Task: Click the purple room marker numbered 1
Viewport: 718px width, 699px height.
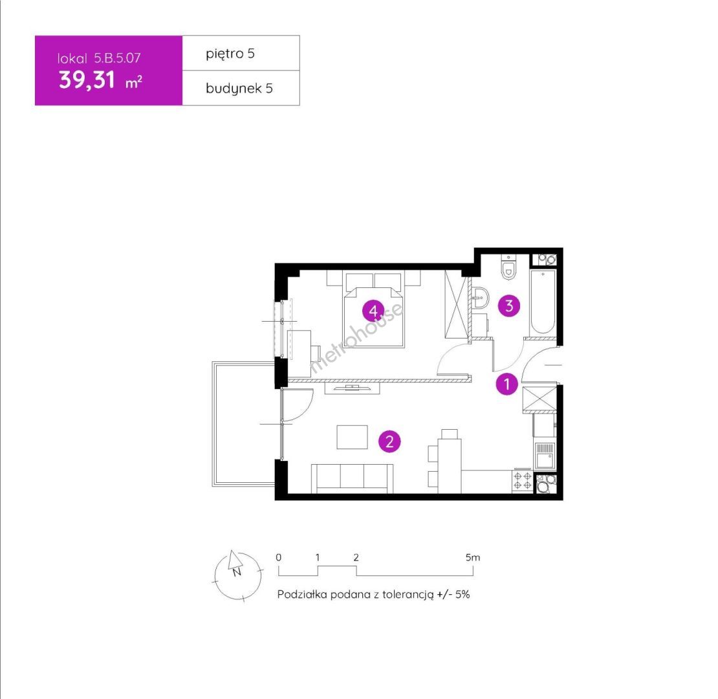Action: click(x=507, y=384)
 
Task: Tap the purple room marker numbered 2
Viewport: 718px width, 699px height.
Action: click(x=389, y=441)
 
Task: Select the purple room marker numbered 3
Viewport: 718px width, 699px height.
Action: click(x=508, y=305)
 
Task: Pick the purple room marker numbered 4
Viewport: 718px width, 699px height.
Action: click(x=373, y=311)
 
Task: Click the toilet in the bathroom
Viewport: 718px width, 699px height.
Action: click(x=508, y=267)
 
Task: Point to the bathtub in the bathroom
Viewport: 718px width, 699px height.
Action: click(x=543, y=302)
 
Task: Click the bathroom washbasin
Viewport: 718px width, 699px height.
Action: click(x=479, y=298)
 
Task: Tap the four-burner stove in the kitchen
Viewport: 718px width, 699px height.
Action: click(x=523, y=480)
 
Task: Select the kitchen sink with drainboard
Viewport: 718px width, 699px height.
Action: click(x=545, y=456)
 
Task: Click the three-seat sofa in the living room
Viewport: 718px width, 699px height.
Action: click(x=352, y=478)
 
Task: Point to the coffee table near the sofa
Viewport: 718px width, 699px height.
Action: click(x=352, y=437)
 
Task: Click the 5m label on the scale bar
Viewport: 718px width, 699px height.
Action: click(x=473, y=557)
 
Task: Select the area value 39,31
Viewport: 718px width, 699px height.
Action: click(x=87, y=80)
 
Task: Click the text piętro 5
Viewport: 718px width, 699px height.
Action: click(x=230, y=54)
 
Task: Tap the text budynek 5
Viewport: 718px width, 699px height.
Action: click(x=239, y=89)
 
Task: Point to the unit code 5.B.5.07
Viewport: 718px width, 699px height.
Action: click(x=117, y=58)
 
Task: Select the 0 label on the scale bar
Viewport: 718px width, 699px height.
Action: click(x=278, y=557)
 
